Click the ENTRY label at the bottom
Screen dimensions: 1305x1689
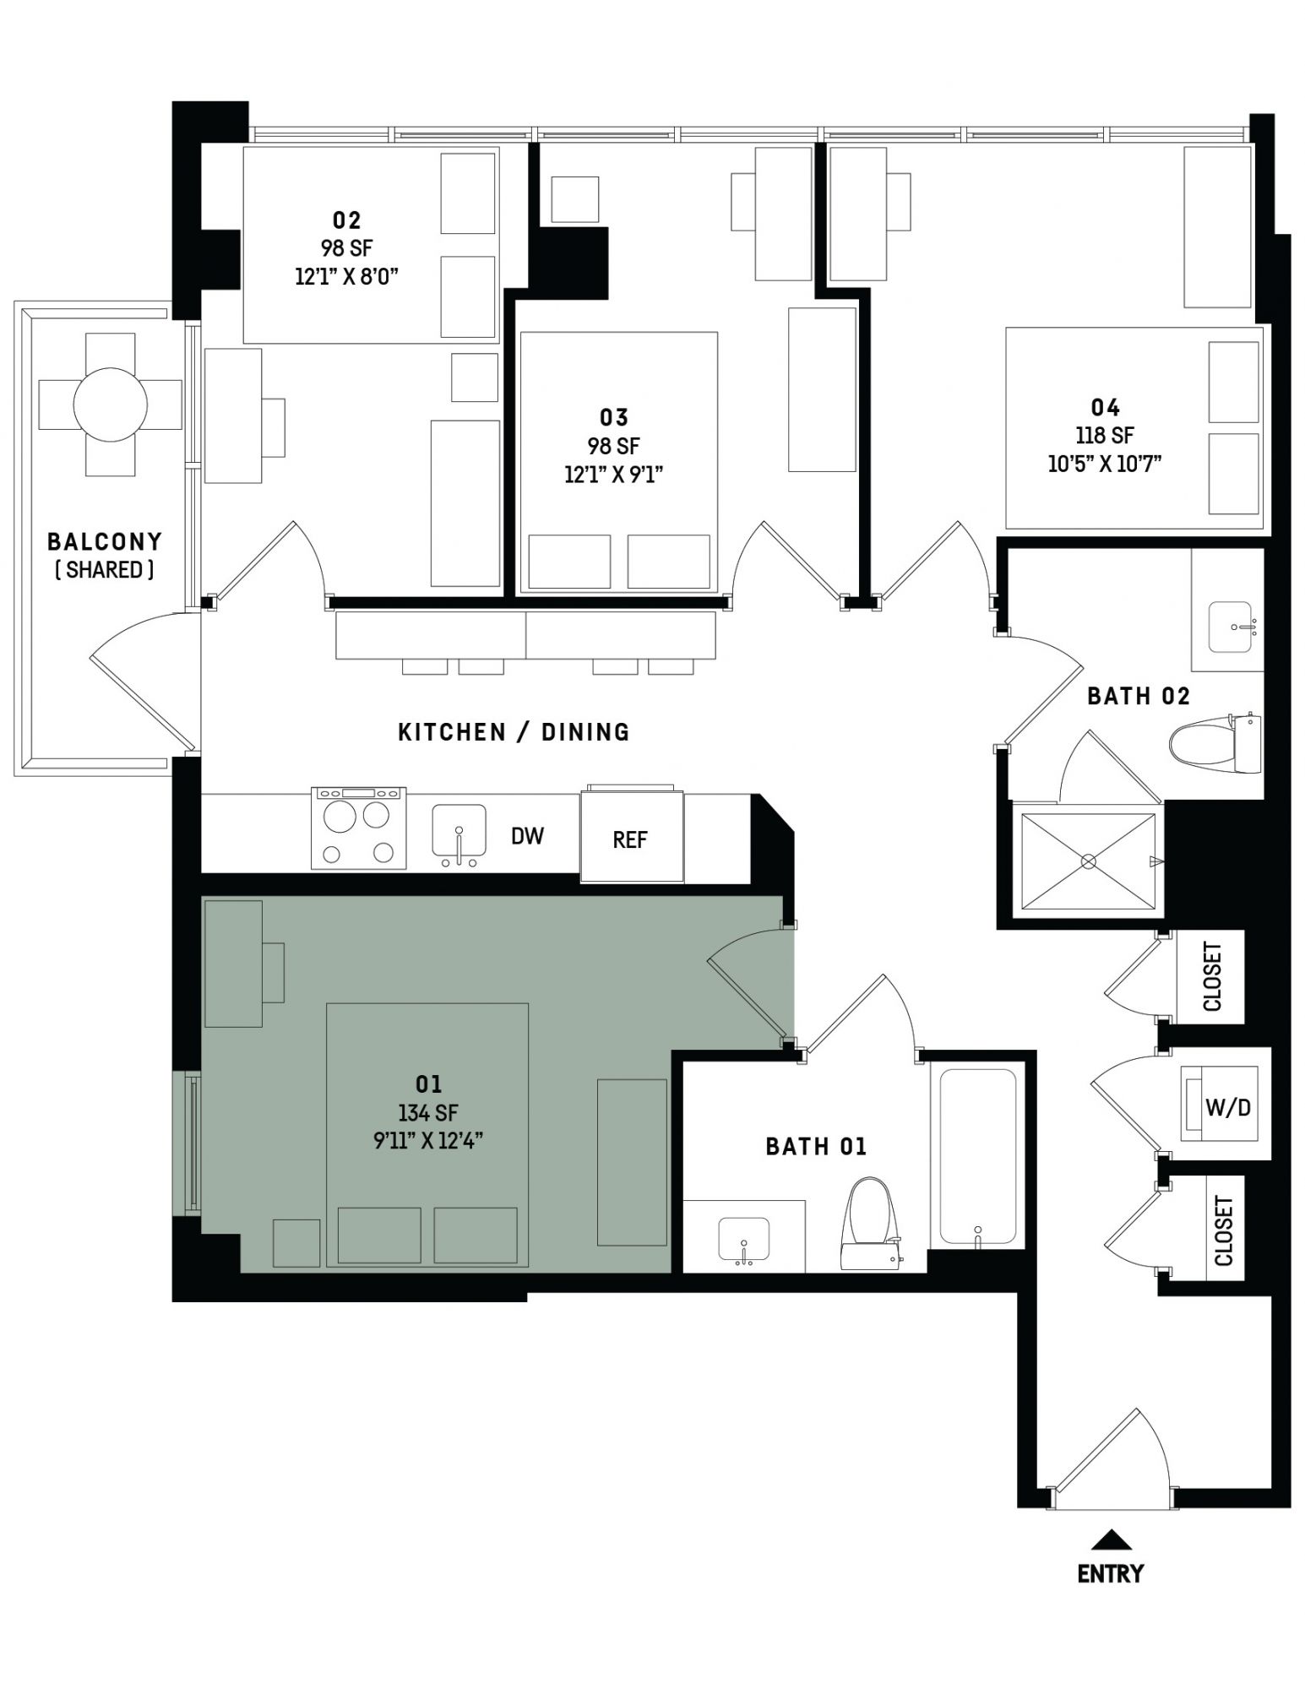coord(1110,1573)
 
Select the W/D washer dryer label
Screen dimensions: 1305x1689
coord(1227,1106)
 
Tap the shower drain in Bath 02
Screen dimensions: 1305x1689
coord(1088,861)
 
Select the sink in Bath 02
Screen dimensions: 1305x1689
coord(1230,626)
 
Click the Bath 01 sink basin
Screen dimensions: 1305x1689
coord(743,1240)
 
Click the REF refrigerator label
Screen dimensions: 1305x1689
coord(630,839)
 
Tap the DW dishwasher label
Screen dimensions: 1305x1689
coord(527,836)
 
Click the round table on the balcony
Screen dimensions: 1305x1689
coord(111,405)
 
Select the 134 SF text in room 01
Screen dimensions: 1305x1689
coord(428,1113)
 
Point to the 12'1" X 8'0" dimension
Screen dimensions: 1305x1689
coord(346,276)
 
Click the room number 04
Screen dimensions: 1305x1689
coord(1105,408)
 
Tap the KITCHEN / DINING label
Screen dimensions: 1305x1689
coord(514,731)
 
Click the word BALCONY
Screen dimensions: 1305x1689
coord(105,541)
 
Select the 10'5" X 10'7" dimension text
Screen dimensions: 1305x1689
coord(1105,464)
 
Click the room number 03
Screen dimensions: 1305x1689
coord(614,417)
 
